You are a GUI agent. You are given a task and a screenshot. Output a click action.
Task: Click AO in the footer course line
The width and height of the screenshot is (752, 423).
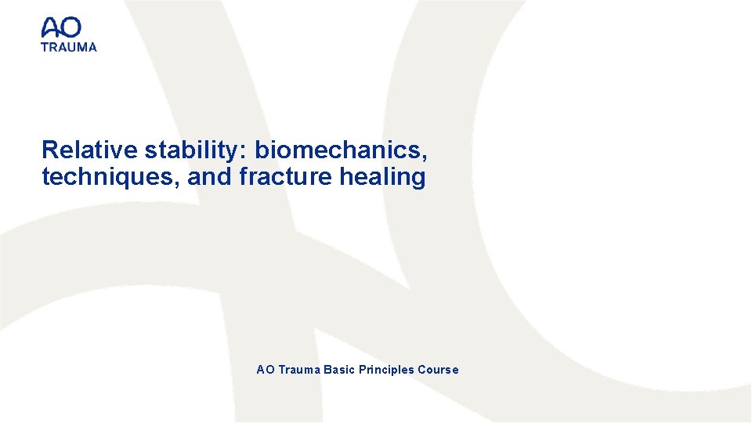(x=265, y=370)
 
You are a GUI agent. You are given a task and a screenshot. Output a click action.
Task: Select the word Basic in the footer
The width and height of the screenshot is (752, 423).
(x=339, y=370)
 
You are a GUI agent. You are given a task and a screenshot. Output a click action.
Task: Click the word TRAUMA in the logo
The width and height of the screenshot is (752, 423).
(x=69, y=47)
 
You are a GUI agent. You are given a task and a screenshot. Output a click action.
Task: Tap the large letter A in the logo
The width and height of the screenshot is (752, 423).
(x=51, y=29)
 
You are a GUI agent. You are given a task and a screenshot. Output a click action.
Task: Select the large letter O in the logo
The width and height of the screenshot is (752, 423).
(x=70, y=29)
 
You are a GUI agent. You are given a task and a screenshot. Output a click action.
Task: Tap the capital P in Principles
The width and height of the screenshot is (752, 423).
(x=363, y=370)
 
